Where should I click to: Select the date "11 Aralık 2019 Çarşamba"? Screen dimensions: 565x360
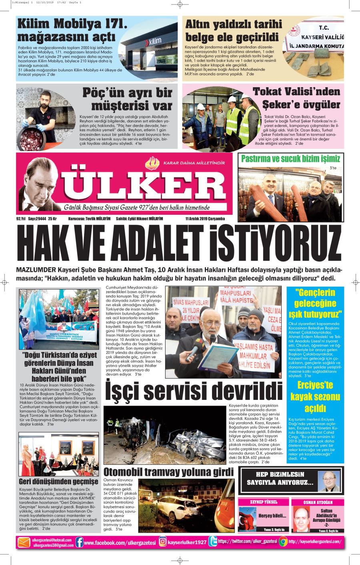[205, 219]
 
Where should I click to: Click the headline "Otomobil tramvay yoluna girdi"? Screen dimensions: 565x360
[168, 472]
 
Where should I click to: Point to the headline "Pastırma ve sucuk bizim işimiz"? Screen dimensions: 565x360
[290, 158]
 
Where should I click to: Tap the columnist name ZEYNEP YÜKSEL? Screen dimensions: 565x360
[263, 502]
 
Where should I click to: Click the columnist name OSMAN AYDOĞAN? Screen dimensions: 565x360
[318, 502]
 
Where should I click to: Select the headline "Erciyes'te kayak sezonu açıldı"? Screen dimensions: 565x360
[315, 397]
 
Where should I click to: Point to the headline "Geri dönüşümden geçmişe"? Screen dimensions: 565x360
[58, 481]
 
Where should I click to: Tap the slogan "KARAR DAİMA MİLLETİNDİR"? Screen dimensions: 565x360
[194, 163]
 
